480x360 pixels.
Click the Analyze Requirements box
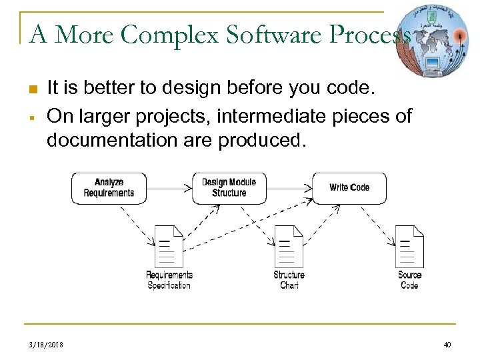pos(109,188)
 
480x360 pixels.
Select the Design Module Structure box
pos(229,188)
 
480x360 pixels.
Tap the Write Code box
pos(349,188)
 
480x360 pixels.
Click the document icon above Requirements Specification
pos(169,245)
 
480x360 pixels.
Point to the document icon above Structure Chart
pos(289,245)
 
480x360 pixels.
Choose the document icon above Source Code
pos(409,245)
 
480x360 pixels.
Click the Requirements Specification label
pos(169,280)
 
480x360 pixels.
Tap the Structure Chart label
pos(289,280)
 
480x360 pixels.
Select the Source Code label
pos(409,280)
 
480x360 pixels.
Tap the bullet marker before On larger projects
pos(33,117)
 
